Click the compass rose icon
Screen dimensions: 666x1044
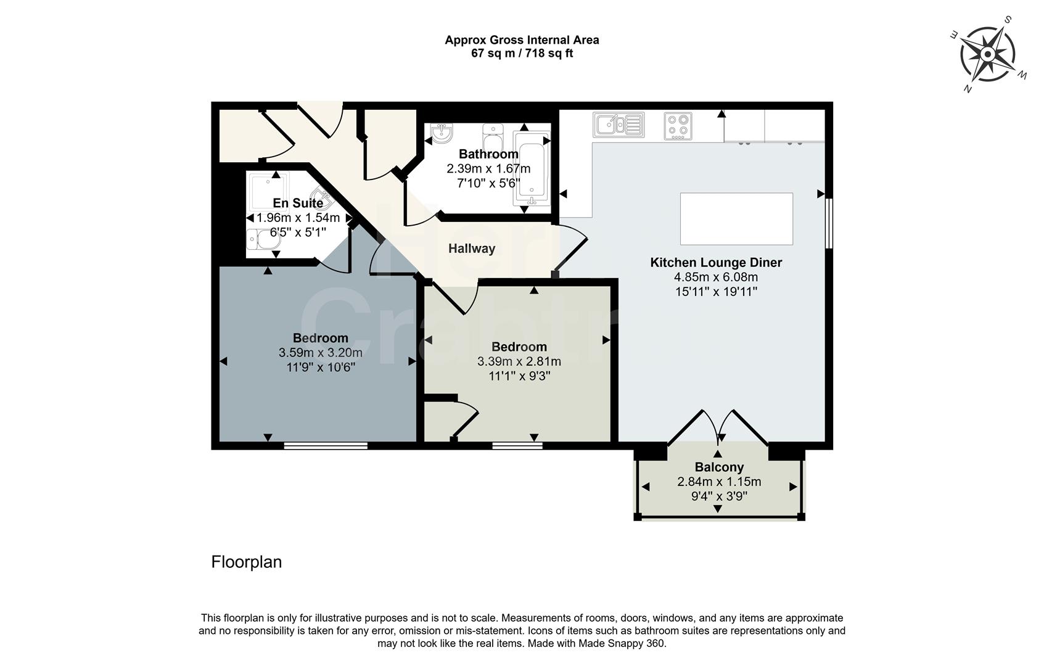pyautogui.click(x=987, y=55)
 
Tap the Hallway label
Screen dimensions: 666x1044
pyautogui.click(x=471, y=249)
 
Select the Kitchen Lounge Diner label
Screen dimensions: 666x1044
pyautogui.click(x=716, y=263)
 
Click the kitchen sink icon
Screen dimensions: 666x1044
pyautogui.click(x=619, y=125)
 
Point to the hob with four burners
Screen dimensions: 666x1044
pyautogui.click(x=678, y=126)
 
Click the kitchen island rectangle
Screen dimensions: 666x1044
pyautogui.click(x=736, y=219)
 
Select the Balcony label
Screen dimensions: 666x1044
pyautogui.click(x=719, y=467)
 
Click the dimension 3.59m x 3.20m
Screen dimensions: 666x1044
pyautogui.click(x=320, y=353)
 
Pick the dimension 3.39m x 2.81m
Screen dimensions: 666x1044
pyautogui.click(x=519, y=361)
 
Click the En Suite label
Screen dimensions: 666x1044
pyautogui.click(x=298, y=203)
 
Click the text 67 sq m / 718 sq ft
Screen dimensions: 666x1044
pyautogui.click(x=522, y=54)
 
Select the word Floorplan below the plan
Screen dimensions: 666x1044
pyautogui.click(x=246, y=562)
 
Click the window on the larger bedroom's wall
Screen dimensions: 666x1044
pyautogui.click(x=326, y=445)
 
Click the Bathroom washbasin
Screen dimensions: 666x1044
pyautogui.click(x=442, y=133)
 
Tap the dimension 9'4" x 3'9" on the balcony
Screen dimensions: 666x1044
pyautogui.click(x=718, y=496)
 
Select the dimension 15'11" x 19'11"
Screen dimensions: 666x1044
pyautogui.click(x=716, y=291)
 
